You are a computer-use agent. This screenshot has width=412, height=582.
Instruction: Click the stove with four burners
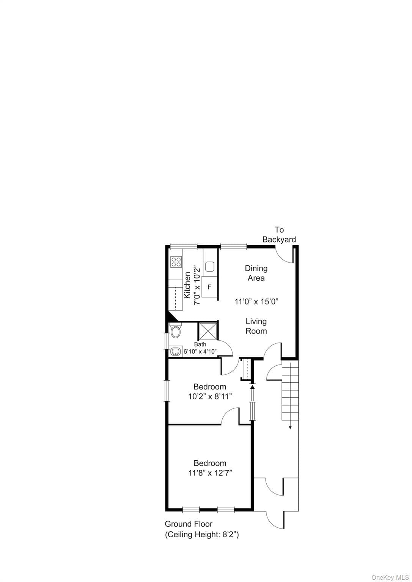(176, 262)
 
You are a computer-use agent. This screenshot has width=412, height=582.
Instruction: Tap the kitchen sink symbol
(209, 267)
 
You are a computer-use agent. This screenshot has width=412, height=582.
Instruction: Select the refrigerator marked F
(209, 287)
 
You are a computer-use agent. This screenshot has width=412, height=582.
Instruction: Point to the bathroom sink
(175, 352)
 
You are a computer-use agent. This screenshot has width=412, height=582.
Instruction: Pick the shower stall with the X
(208, 331)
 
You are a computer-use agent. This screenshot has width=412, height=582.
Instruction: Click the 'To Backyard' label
(279, 235)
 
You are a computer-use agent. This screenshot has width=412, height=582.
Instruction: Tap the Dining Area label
(256, 273)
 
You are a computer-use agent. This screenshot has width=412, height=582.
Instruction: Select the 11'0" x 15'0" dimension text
(256, 302)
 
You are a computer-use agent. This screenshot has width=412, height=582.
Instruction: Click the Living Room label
(256, 326)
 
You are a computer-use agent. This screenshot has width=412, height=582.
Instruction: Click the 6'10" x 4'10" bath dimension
(200, 352)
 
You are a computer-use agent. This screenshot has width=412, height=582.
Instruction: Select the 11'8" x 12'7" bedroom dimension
(210, 473)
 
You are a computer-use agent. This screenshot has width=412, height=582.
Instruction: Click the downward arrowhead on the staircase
(290, 428)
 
